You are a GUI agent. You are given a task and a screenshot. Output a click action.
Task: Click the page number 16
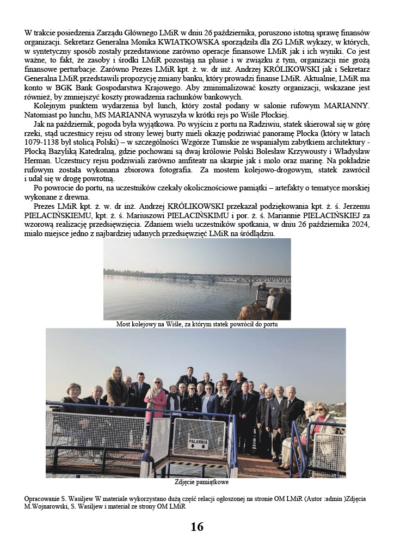pyautogui.click(x=197, y=527)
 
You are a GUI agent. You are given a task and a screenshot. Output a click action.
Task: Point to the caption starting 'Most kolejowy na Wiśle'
pyautogui.click(x=197, y=324)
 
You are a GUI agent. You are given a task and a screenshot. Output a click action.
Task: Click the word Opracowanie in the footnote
pyautogui.click(x=42, y=498)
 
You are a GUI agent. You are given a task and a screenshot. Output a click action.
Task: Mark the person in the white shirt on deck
pyautogui.click(x=271, y=301)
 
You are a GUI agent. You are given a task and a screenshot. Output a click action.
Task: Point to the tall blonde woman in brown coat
pyautogui.click(x=117, y=389)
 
